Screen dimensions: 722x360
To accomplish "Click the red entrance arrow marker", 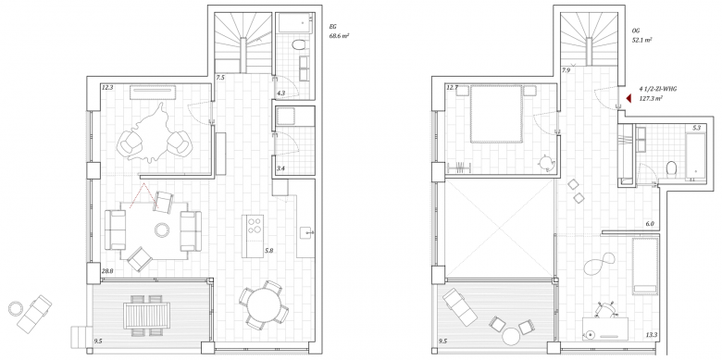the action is pyautogui.click(x=629, y=98).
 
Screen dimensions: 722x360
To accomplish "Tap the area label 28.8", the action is pyautogui.click(x=107, y=271).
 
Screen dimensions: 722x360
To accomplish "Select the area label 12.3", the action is pyautogui.click(x=107, y=87).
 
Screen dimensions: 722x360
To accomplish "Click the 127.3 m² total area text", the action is pyautogui.click(x=649, y=98).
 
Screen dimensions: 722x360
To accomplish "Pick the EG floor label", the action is pyautogui.click(x=333, y=27).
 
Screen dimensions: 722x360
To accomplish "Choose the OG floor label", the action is pyautogui.click(x=636, y=31).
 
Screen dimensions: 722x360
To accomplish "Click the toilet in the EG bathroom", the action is pyautogui.click(x=299, y=45).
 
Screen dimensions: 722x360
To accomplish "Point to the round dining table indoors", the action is pyautogui.click(x=264, y=304).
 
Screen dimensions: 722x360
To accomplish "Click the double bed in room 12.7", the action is pyautogui.click(x=496, y=114).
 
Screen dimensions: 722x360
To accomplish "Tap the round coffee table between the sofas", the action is pyautogui.click(x=162, y=230).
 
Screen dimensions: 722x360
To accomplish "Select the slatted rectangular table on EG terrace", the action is pyautogui.click(x=147, y=315).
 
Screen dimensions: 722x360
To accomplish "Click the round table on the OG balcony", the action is pyautogui.click(x=511, y=336).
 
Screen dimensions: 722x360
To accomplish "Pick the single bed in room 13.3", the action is pyautogui.click(x=645, y=266).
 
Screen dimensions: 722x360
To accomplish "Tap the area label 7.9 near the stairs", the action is pyautogui.click(x=566, y=71).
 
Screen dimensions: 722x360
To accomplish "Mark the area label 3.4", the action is pyautogui.click(x=280, y=168).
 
